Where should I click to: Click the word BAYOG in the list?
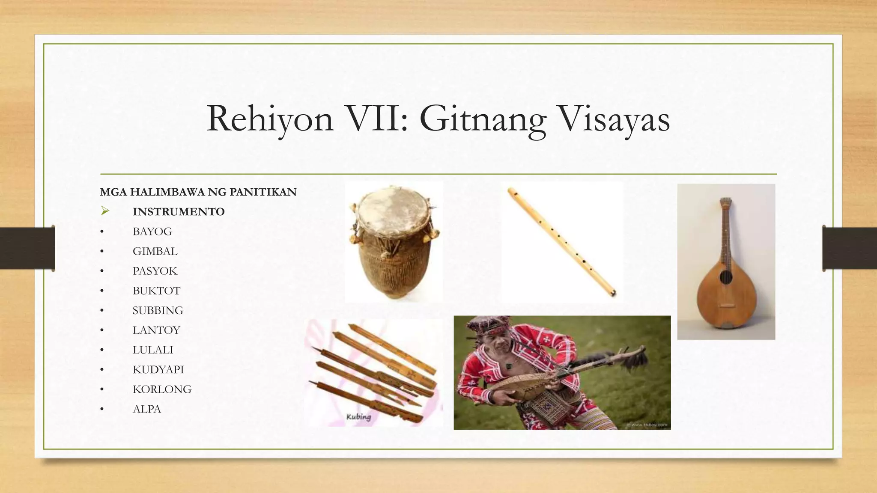coord(152,232)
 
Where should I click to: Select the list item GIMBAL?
coord(155,251)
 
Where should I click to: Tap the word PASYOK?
coord(155,271)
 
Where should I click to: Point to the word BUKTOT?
coord(156,291)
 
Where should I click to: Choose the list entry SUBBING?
coord(158,310)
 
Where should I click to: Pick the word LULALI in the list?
coord(153,350)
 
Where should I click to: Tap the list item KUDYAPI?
coord(158,369)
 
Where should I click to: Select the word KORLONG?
coord(162,389)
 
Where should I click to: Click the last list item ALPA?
coord(147,409)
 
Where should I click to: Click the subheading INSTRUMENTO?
coord(179,212)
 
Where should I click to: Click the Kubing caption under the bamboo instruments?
coord(358,417)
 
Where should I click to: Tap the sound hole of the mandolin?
coord(725,278)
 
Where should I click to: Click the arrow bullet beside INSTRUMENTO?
coord(105,211)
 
